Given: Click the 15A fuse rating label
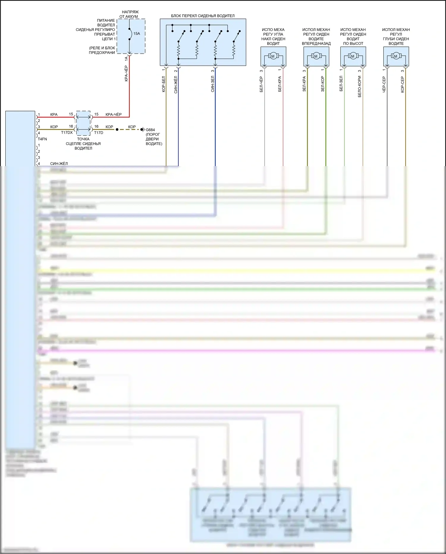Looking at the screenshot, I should tap(136, 34).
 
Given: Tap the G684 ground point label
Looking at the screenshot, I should tap(150, 130).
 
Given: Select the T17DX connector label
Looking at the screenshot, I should tap(67, 133).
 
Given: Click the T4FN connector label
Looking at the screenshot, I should tap(42, 139).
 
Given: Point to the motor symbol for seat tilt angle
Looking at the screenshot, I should tap(273, 56).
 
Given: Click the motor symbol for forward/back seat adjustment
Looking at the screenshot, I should tap(316, 56).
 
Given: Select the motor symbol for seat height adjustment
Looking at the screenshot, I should tap(353, 56).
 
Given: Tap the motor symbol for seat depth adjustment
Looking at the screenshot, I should tap(395, 56).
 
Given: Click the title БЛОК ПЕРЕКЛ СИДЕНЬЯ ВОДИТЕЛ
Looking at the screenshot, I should tap(203, 16).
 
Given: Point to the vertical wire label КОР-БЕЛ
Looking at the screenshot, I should tap(164, 84).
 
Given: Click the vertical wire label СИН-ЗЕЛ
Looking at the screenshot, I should tap(213, 84).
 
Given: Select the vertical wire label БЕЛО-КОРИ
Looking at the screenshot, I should tap(359, 86).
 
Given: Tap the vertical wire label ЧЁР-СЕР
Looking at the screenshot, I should tap(384, 85).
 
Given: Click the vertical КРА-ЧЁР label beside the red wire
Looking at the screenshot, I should tap(126, 74).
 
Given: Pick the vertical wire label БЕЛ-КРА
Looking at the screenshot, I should tap(280, 84).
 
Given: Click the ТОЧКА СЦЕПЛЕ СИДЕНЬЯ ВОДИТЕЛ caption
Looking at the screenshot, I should tap(83, 143).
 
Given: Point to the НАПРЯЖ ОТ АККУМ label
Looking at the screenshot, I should tap(130, 14).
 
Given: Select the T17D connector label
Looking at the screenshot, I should tap(99, 133).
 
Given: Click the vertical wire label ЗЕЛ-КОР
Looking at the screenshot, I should tap(323, 84).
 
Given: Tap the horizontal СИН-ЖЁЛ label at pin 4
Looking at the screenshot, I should tap(59, 164).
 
